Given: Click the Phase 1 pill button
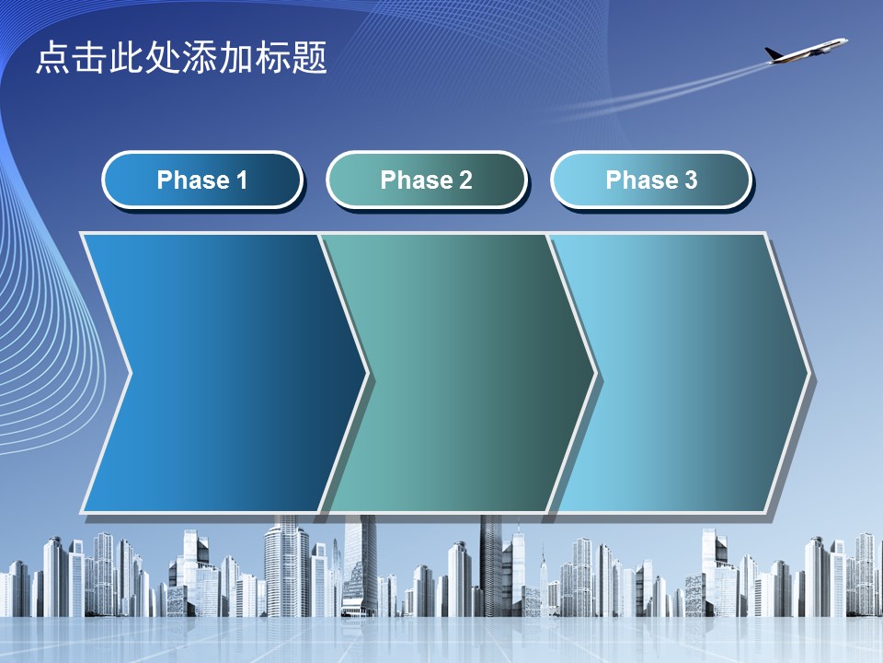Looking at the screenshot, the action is (202, 180).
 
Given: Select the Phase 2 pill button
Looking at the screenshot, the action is (426, 180).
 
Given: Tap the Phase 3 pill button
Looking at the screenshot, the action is (651, 180).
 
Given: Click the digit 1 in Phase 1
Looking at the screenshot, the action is (242, 180).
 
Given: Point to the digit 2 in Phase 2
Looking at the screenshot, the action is (465, 180).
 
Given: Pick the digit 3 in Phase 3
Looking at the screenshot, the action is (691, 180).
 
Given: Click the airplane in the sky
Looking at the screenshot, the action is (807, 50).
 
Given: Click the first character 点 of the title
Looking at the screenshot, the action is (53, 57).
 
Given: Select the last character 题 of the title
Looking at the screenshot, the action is (309, 57).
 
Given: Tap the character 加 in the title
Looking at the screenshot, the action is (236, 57).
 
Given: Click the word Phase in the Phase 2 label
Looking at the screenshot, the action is (417, 180).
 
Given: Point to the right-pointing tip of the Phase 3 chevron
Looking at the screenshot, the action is (810, 373).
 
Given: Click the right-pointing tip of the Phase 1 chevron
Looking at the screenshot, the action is (368, 373).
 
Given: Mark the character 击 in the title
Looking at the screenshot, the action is (90, 57).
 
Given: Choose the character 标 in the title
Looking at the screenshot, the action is (272, 57).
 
